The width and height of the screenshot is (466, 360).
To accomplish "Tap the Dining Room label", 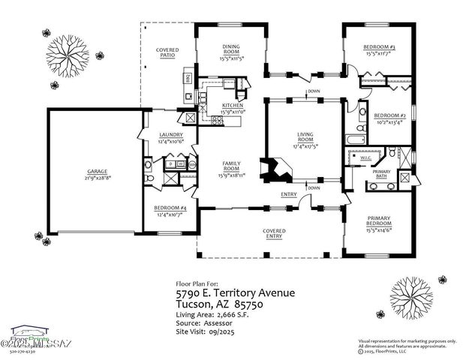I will click(x=231, y=49).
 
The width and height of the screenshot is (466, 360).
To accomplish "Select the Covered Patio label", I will click(x=167, y=52).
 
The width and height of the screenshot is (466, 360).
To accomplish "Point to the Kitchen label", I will click(x=232, y=106).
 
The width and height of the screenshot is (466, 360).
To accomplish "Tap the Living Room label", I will click(x=305, y=136).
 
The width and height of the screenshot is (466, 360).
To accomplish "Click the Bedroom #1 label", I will click(x=380, y=47).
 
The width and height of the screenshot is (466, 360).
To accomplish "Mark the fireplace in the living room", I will click(x=271, y=171).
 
